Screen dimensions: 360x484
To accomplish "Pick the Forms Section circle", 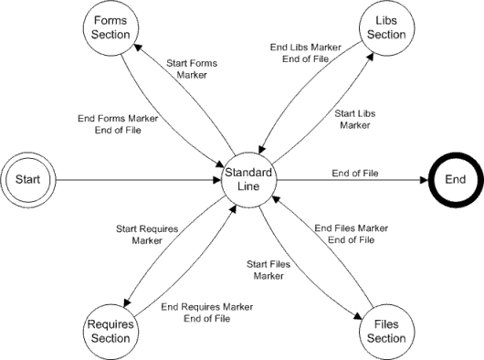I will coord(110,28).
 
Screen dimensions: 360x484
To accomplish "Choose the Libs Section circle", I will coord(384,28).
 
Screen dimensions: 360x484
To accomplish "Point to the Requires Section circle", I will coord(110,332).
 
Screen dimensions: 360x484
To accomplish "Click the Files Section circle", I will coord(384,332).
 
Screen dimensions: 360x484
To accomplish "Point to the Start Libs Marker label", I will coord(358,119).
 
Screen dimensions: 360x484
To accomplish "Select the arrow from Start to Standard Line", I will coord(137,180).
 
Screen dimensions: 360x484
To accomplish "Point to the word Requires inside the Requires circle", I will coord(110,325).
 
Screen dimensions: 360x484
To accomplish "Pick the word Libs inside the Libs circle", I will coord(384,22).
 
